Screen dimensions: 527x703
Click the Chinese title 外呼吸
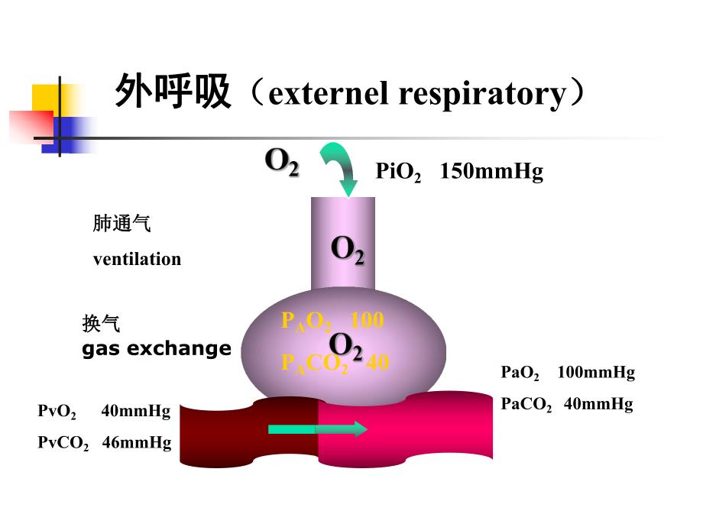[173, 93]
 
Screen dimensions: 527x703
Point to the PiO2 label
[398, 172]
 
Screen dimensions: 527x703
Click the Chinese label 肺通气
[122, 224]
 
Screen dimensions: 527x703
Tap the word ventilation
[138, 259]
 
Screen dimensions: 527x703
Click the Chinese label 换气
[101, 324]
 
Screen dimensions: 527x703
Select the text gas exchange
[157, 349]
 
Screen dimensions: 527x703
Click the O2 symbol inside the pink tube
[347, 250]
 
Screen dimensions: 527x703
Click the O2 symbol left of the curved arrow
[281, 162]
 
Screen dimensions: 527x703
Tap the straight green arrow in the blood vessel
[317, 429]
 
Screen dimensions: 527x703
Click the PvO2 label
[57, 412]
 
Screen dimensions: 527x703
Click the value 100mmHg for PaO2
[596, 373]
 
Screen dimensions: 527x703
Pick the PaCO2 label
[526, 405]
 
